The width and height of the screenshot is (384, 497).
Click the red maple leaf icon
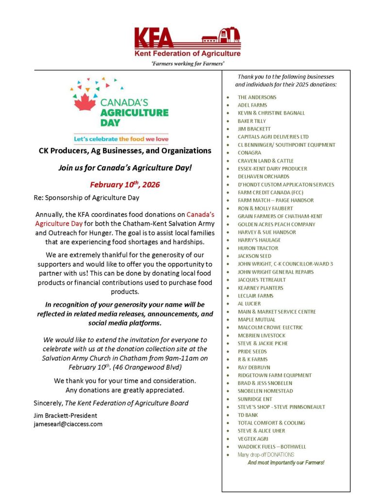coord(85,102)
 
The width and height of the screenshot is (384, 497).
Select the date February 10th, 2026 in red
coord(125,184)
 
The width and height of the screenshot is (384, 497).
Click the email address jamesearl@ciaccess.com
coord(68,424)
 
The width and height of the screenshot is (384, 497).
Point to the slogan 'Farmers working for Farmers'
coord(187,63)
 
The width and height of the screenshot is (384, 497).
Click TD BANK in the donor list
coord(248,415)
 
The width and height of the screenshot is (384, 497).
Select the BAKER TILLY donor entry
coord(251,121)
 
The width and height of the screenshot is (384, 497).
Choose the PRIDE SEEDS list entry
coord(252,351)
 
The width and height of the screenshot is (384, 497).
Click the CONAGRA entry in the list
coord(249,153)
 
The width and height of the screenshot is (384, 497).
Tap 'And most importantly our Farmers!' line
coord(285,463)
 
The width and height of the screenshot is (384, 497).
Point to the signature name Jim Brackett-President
coord(65,415)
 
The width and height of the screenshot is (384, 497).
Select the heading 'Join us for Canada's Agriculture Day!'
coord(125,168)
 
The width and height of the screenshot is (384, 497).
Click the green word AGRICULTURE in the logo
coord(134,113)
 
